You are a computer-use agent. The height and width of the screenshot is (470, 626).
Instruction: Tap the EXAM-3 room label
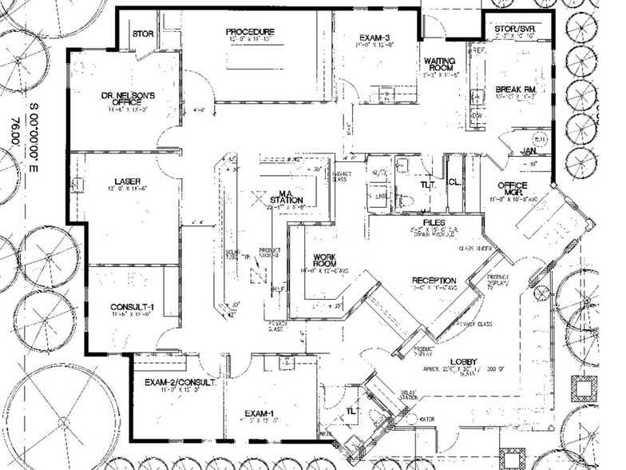pos(372,38)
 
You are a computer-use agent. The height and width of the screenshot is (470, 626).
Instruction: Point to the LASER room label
pos(127,181)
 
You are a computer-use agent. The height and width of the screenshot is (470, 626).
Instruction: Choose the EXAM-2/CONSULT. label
pos(176,383)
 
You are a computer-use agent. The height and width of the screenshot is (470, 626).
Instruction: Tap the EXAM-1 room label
pos(260,412)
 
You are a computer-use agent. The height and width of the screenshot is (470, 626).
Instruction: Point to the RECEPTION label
pos(434,281)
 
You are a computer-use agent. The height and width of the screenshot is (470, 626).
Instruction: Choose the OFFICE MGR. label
pos(512,189)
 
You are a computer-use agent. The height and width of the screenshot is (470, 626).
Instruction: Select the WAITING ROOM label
pos(439,65)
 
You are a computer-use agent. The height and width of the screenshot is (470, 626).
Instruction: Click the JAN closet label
pos(527,150)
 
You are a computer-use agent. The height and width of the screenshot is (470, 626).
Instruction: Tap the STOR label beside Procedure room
pos(143,34)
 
